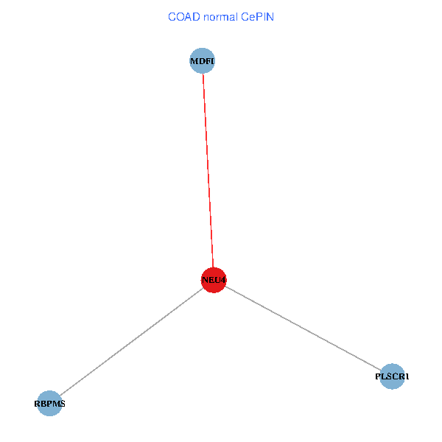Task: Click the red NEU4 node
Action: (213, 280)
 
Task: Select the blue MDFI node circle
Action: (202, 61)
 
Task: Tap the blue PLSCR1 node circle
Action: (392, 376)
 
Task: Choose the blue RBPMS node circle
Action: (49, 403)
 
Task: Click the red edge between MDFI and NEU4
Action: (207, 169)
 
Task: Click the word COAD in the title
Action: (183, 16)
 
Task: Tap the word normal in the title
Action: (220, 16)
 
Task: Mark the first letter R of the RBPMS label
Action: (38, 404)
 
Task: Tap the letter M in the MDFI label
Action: (194, 62)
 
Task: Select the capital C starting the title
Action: (172, 16)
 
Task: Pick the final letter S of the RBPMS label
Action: (62, 404)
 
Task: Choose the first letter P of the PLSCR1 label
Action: (378, 376)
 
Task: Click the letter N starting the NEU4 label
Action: (204, 280)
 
